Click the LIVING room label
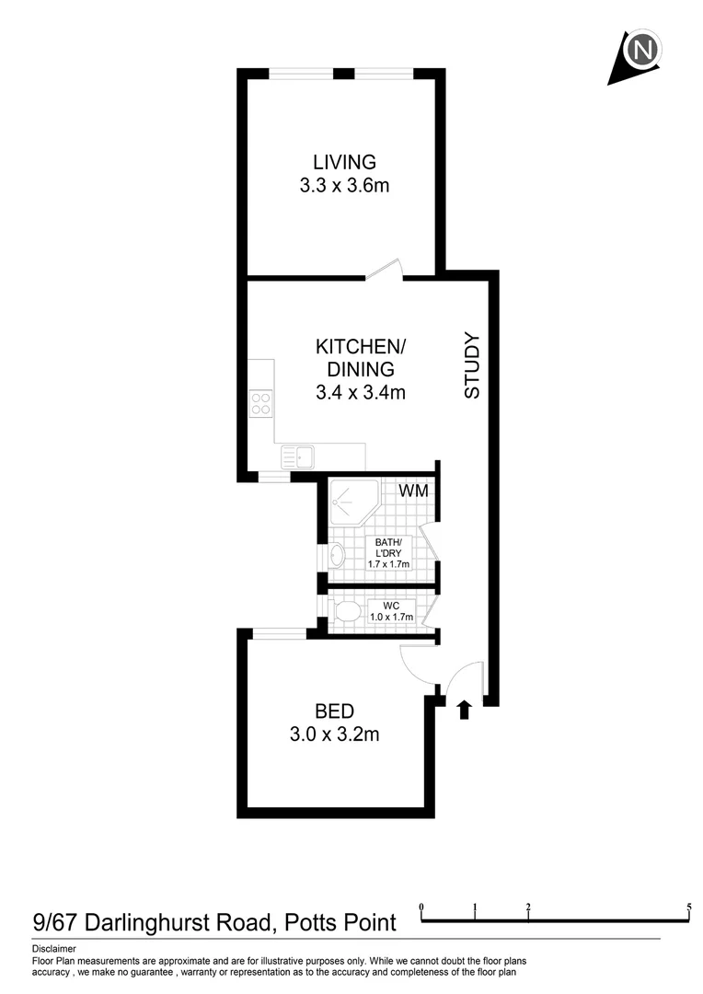(x=344, y=162)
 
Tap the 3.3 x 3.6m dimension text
(x=344, y=185)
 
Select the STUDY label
(x=472, y=365)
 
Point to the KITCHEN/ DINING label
(x=360, y=358)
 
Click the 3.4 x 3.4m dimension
(x=360, y=393)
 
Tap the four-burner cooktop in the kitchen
(x=260, y=403)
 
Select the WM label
(x=413, y=491)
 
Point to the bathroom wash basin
(x=337, y=556)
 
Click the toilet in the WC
(x=344, y=610)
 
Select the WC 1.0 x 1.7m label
(x=390, y=610)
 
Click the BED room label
(x=334, y=711)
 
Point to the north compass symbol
(x=639, y=52)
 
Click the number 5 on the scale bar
(x=689, y=907)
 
